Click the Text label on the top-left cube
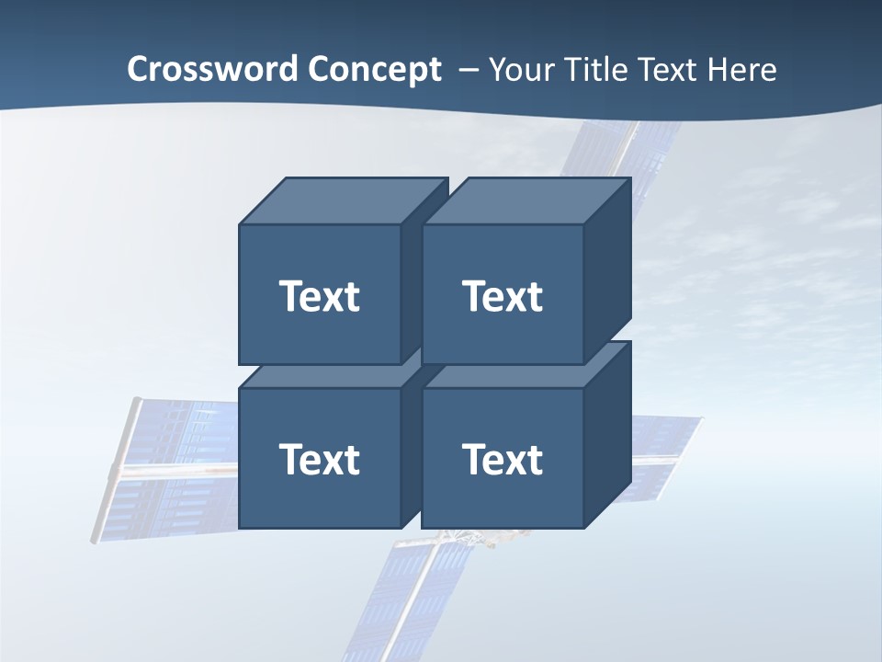(x=320, y=296)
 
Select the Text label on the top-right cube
(x=503, y=296)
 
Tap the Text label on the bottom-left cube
(x=320, y=459)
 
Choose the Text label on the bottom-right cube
(x=503, y=459)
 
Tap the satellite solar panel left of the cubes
(x=175, y=469)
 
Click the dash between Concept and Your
(x=468, y=69)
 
